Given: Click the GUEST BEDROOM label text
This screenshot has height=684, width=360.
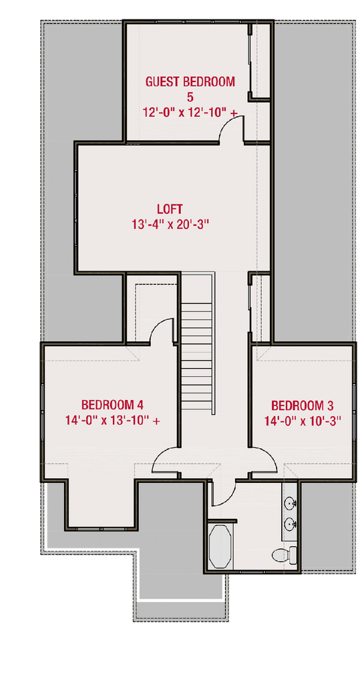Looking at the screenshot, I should pyautogui.click(x=190, y=82).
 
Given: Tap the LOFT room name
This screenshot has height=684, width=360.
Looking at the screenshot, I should pyautogui.click(x=170, y=208).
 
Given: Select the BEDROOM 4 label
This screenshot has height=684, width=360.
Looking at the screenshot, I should pyautogui.click(x=112, y=405).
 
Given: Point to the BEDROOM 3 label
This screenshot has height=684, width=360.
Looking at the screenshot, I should pyautogui.click(x=302, y=405).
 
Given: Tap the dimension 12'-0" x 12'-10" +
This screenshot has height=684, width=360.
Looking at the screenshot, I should pyautogui.click(x=190, y=113).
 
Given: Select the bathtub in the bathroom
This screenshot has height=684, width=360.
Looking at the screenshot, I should pyautogui.click(x=220, y=546).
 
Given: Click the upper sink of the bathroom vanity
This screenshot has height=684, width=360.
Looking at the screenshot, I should pyautogui.click(x=291, y=503).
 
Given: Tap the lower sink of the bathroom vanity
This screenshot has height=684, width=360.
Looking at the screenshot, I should pyautogui.click(x=291, y=524).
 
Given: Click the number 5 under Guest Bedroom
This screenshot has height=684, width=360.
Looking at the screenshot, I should pyautogui.click(x=190, y=98).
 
